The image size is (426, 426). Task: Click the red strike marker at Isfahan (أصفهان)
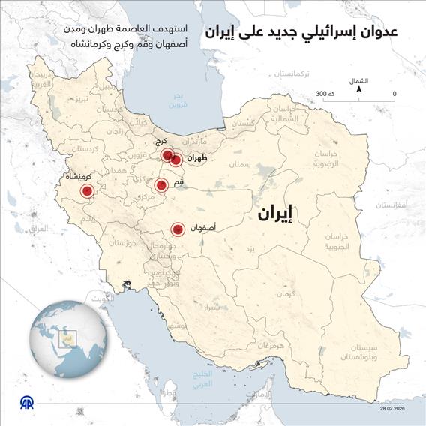click(178, 230)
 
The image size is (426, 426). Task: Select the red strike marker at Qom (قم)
click(160, 185)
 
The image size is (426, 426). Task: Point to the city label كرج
click(161, 142)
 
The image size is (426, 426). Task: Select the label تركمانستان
click(292, 76)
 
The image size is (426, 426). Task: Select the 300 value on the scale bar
click(323, 94)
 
